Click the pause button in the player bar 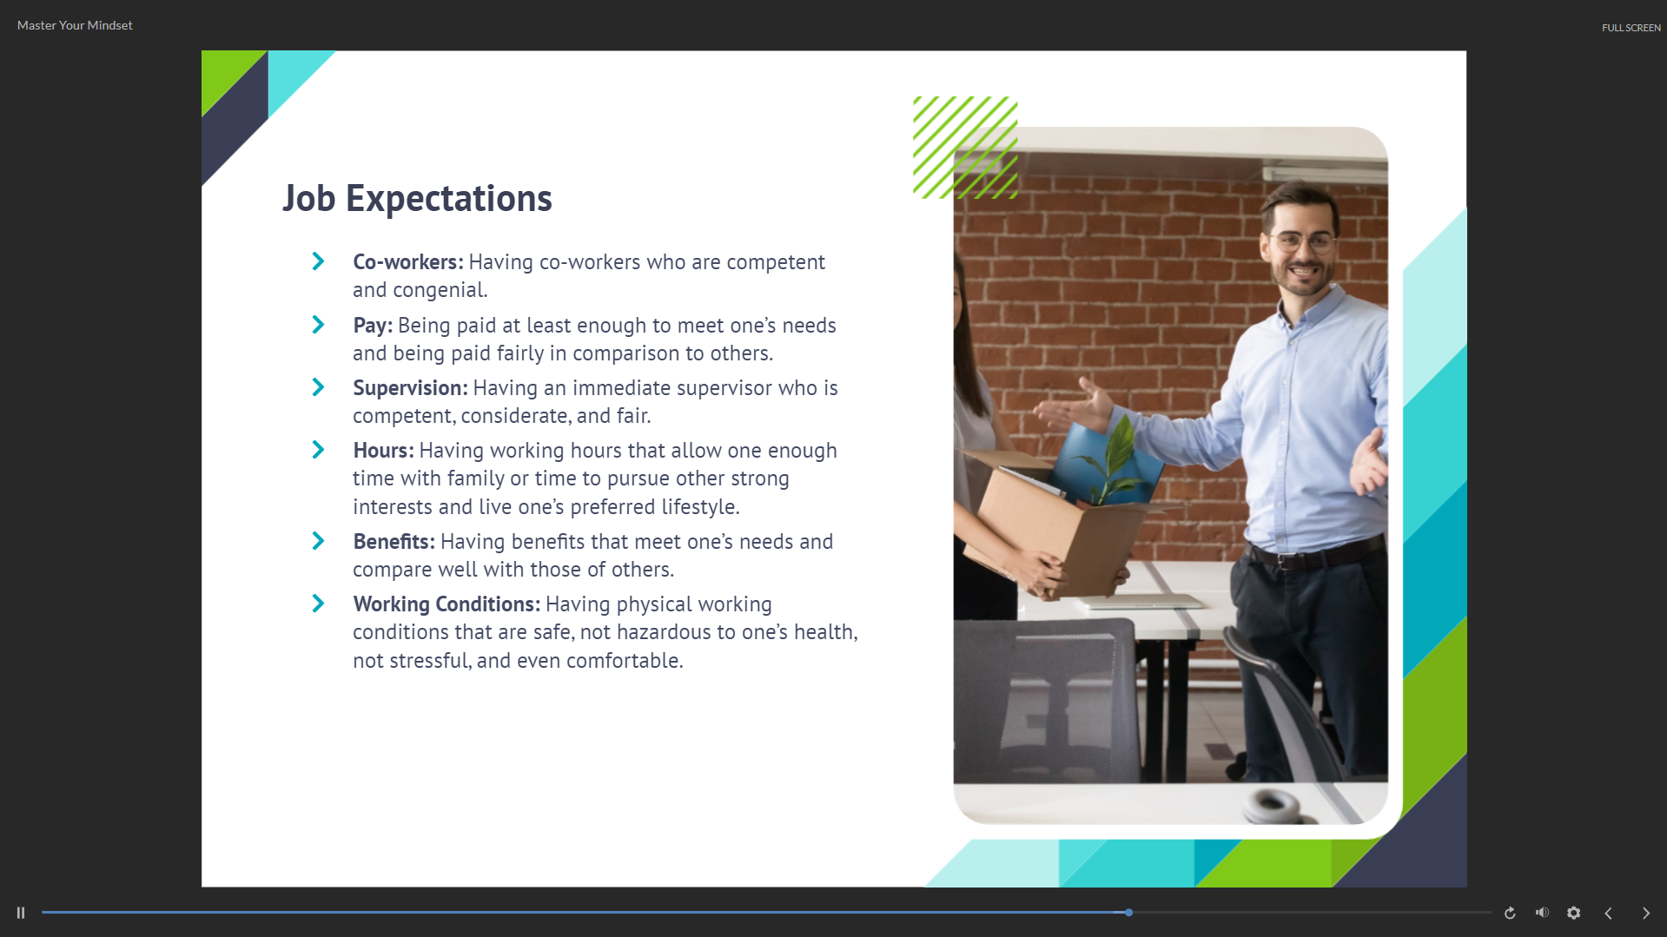[x=21, y=913]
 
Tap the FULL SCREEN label [x=1631, y=28]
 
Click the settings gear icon [x=1573, y=913]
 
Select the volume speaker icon [x=1542, y=913]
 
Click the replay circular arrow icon [x=1510, y=913]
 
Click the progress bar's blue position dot [x=1128, y=913]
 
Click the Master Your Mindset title [x=75, y=25]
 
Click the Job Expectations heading [x=417, y=198]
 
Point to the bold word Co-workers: [x=407, y=261]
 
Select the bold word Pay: [x=373, y=326]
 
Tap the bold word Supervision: [x=410, y=388]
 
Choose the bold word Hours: [x=383, y=451]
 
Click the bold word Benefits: [x=394, y=542]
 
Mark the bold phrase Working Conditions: [x=447, y=604]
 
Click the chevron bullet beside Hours [x=318, y=450]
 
